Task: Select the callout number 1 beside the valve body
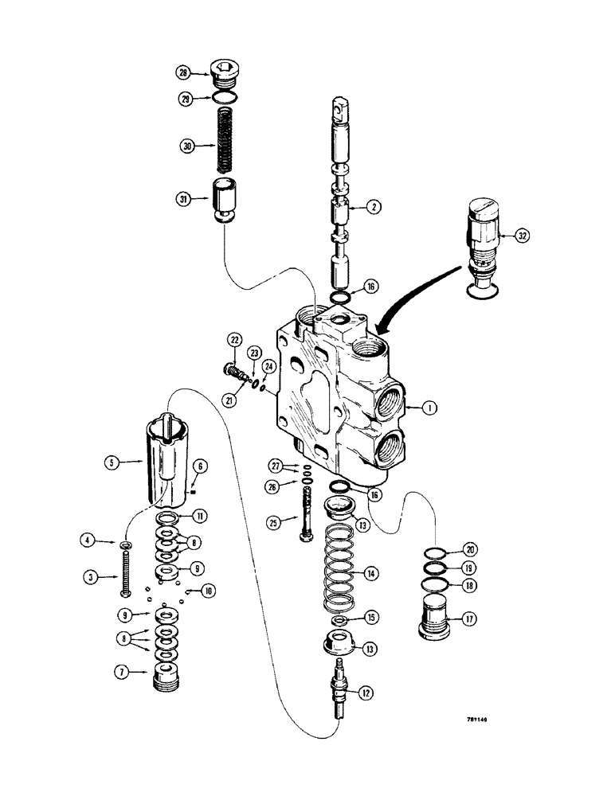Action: [428, 408]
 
